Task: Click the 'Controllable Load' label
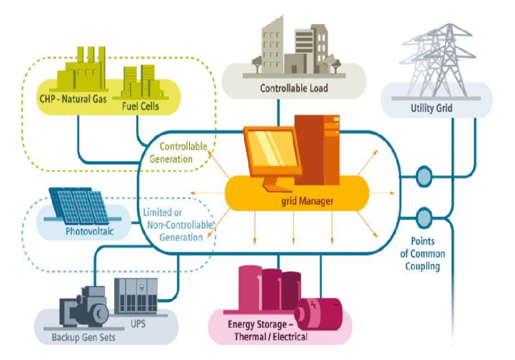tap(294, 88)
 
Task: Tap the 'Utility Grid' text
tap(431, 108)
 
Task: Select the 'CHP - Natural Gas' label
tap(73, 99)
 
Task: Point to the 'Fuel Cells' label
tap(140, 106)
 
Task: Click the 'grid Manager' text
tap(307, 201)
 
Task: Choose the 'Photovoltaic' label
tap(90, 231)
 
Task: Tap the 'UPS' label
tap(138, 324)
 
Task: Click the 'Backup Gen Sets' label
tap(84, 337)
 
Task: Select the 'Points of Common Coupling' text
tap(423, 254)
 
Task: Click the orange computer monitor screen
tap(272, 149)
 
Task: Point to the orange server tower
tap(317, 150)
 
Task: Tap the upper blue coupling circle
tap(424, 177)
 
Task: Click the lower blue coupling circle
tap(424, 217)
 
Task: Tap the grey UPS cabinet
tap(136, 296)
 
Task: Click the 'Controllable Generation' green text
tap(178, 153)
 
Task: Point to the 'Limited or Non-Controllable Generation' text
tap(177, 225)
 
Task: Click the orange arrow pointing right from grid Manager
tap(382, 193)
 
